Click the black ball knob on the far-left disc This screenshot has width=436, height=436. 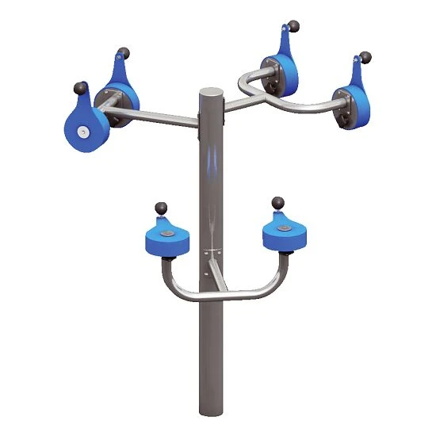(79, 87)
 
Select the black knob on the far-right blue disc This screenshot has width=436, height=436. (365, 57)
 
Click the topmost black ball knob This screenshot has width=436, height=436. (294, 27)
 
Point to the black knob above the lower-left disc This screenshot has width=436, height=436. (162, 208)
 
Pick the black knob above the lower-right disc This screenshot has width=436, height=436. (277, 203)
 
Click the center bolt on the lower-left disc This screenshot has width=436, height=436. (168, 235)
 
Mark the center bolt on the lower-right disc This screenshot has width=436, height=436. (283, 228)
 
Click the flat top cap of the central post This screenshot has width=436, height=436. (211, 92)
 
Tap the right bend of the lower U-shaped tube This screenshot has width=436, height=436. (275, 281)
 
